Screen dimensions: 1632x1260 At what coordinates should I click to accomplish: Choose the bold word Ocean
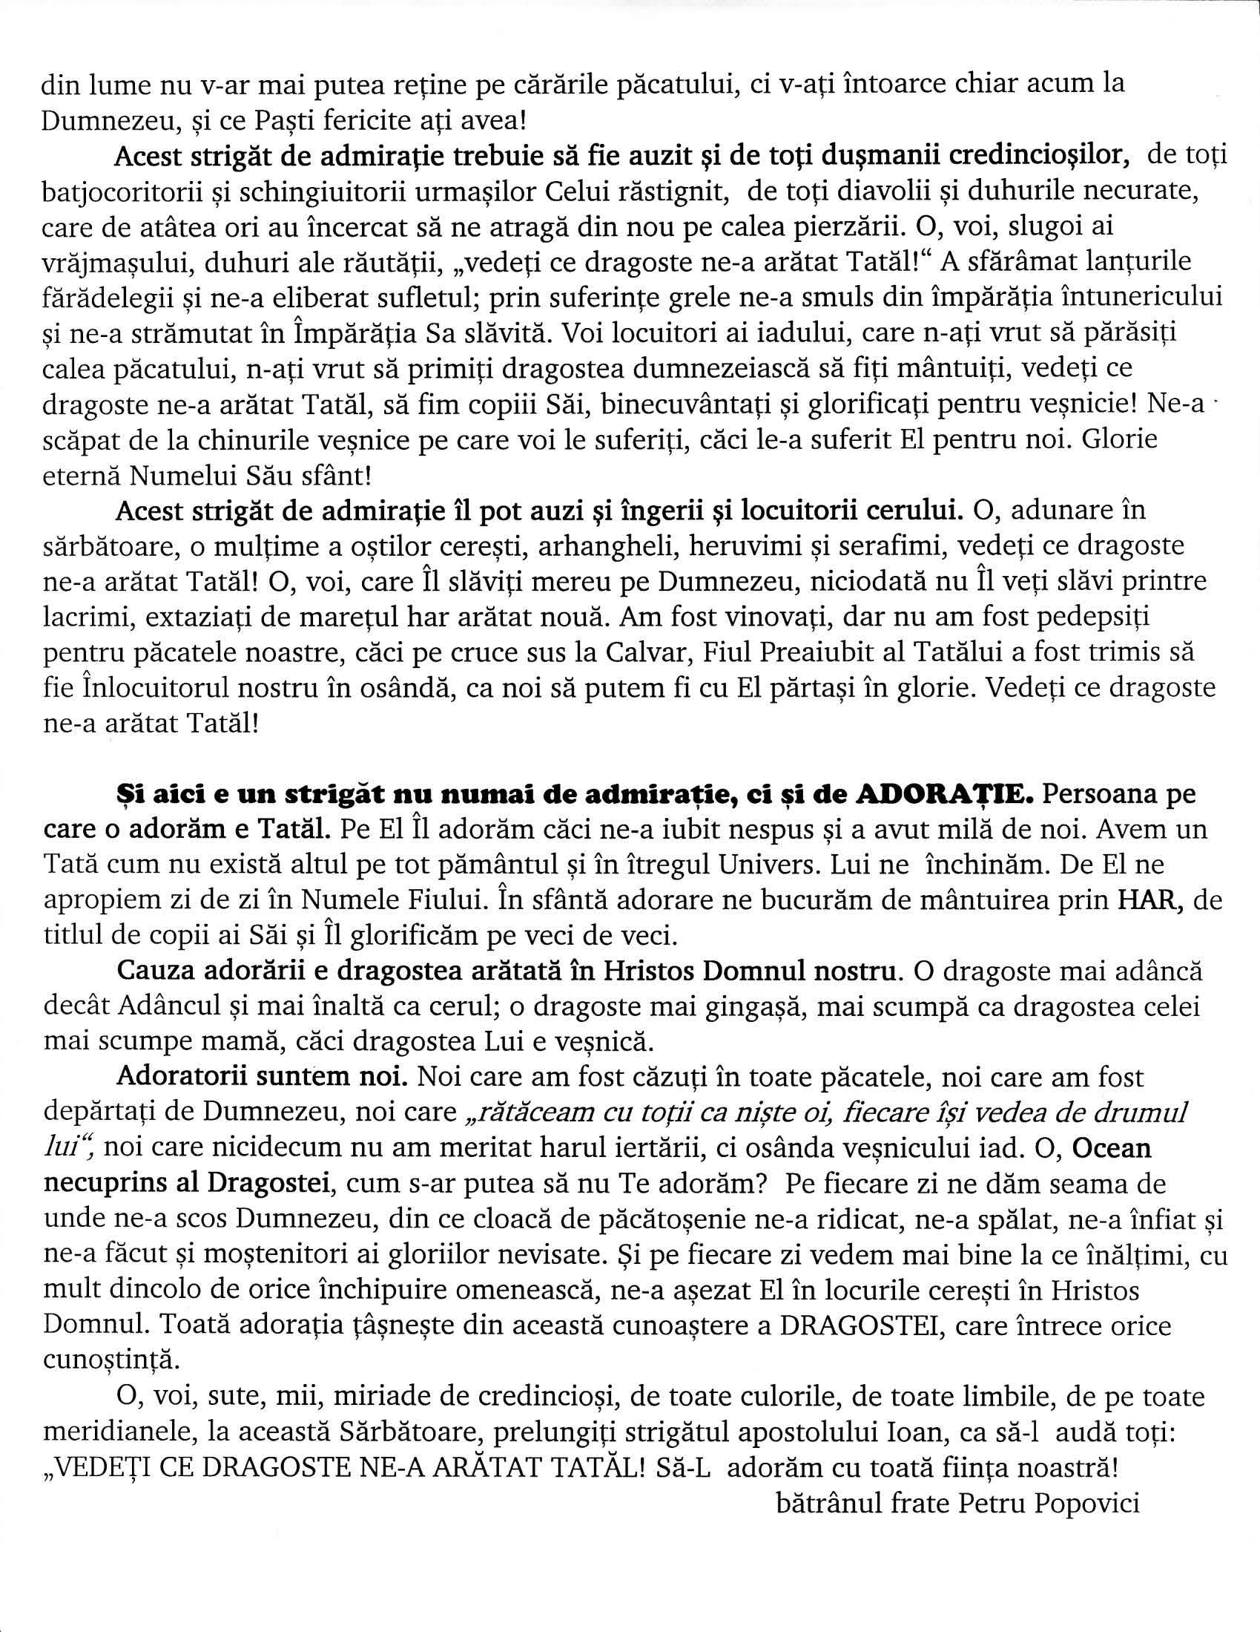coord(1112,1148)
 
